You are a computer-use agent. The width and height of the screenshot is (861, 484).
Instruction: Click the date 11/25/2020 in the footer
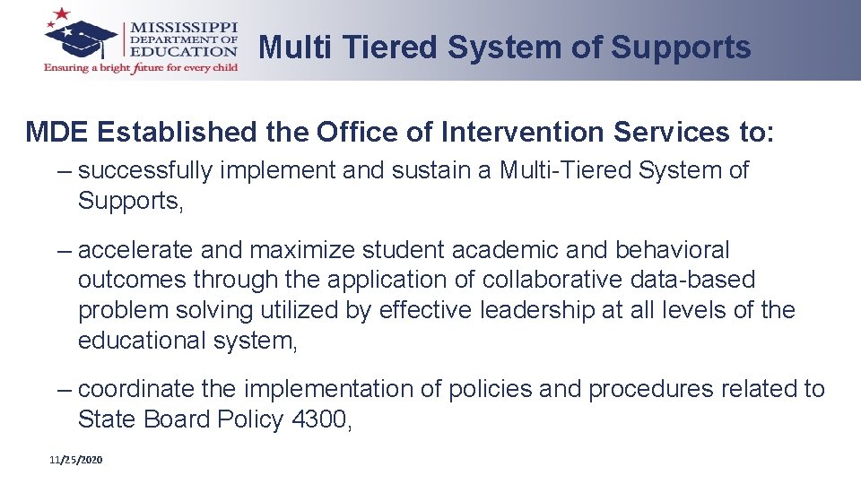point(76,460)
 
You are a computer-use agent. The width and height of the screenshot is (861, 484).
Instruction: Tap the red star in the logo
point(62,14)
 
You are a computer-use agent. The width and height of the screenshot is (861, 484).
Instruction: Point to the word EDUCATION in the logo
point(184,52)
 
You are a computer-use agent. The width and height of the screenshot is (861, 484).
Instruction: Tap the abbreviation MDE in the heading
point(57,133)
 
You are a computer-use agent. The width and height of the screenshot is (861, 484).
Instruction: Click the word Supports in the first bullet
point(129,201)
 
